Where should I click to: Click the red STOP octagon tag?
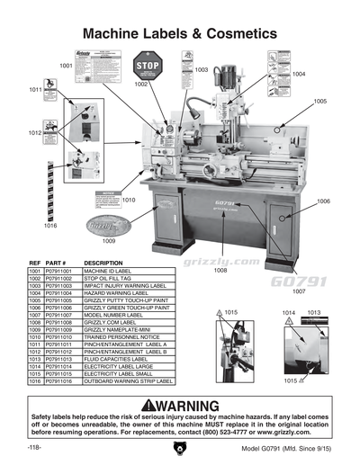click(147, 67)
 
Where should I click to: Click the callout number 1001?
click(67, 66)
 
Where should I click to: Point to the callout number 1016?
click(50, 226)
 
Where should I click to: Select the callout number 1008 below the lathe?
click(219, 269)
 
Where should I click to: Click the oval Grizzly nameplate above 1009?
click(107, 224)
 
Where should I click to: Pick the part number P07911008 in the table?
click(61, 321)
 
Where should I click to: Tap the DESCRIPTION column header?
click(103, 263)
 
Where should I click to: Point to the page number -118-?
click(35, 448)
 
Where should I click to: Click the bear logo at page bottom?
click(179, 447)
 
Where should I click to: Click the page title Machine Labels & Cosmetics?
click(179, 33)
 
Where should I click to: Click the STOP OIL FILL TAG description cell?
click(109, 278)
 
